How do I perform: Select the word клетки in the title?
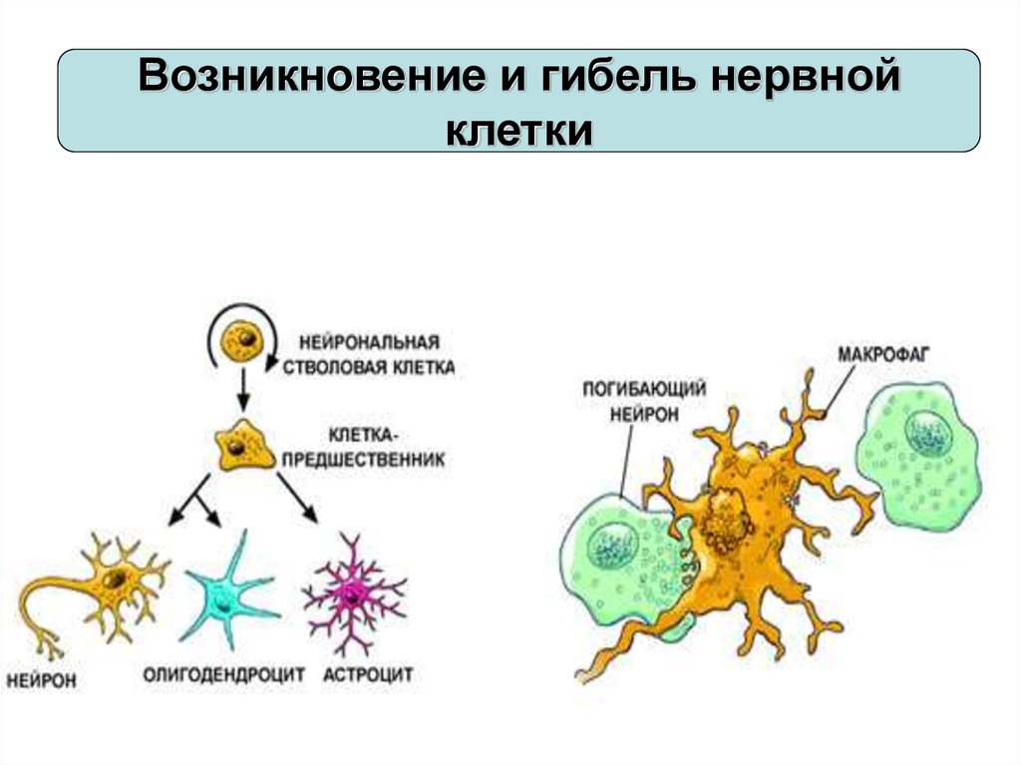point(519,130)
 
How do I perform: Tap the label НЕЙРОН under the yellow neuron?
point(42,682)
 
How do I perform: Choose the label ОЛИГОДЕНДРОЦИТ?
point(223,675)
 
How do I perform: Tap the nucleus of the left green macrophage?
point(611,548)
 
